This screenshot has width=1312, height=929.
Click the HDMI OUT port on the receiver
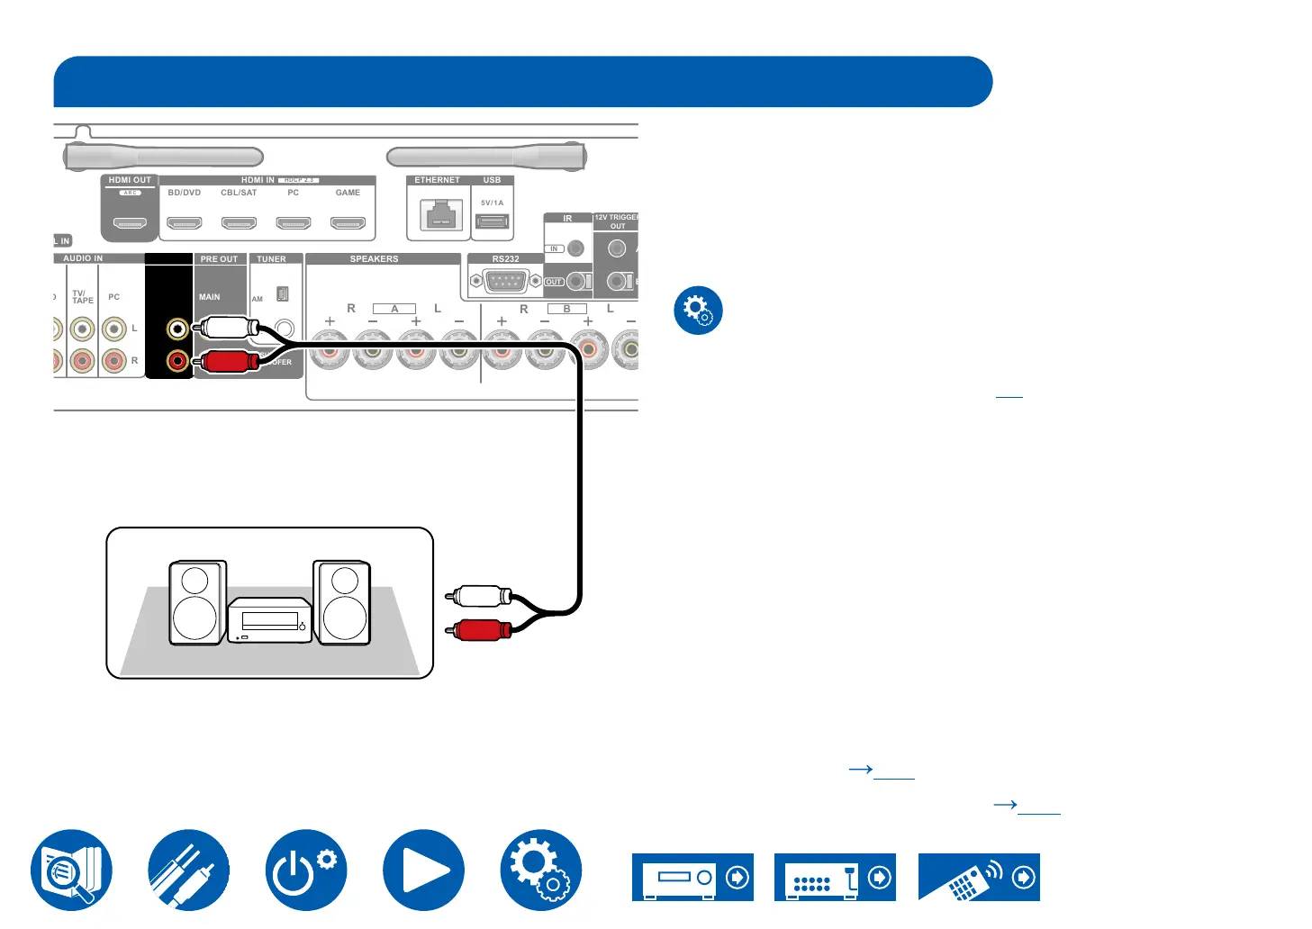[130, 223]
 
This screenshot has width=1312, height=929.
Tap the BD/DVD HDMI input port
[185, 223]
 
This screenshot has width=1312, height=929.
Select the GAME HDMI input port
[348, 223]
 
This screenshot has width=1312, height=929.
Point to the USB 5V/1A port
[492, 221]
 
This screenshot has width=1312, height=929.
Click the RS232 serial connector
[506, 282]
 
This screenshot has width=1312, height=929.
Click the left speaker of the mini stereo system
[197, 602]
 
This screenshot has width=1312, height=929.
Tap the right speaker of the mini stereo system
[342, 602]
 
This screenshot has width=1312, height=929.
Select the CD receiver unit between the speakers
[269, 620]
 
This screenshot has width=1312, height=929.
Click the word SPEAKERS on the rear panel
[374, 259]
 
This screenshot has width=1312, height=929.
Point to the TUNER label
[271, 259]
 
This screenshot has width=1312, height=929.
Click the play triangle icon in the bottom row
[423, 870]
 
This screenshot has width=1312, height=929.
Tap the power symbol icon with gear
[306, 870]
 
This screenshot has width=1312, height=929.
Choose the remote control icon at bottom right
[979, 878]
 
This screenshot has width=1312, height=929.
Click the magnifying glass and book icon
[71, 870]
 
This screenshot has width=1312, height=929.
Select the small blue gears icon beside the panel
[698, 311]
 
